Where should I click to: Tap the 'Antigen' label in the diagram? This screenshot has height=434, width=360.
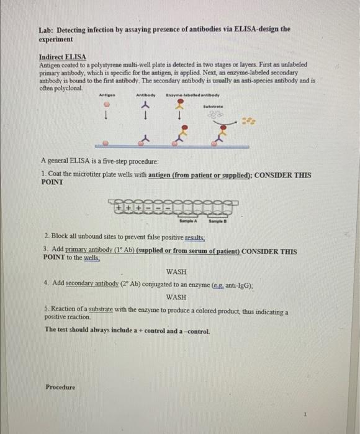(x=107, y=95)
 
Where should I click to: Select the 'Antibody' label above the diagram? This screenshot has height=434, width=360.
(x=145, y=95)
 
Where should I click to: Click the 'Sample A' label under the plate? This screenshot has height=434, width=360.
(x=188, y=221)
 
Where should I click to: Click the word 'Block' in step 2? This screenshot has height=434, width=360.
(x=59, y=237)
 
